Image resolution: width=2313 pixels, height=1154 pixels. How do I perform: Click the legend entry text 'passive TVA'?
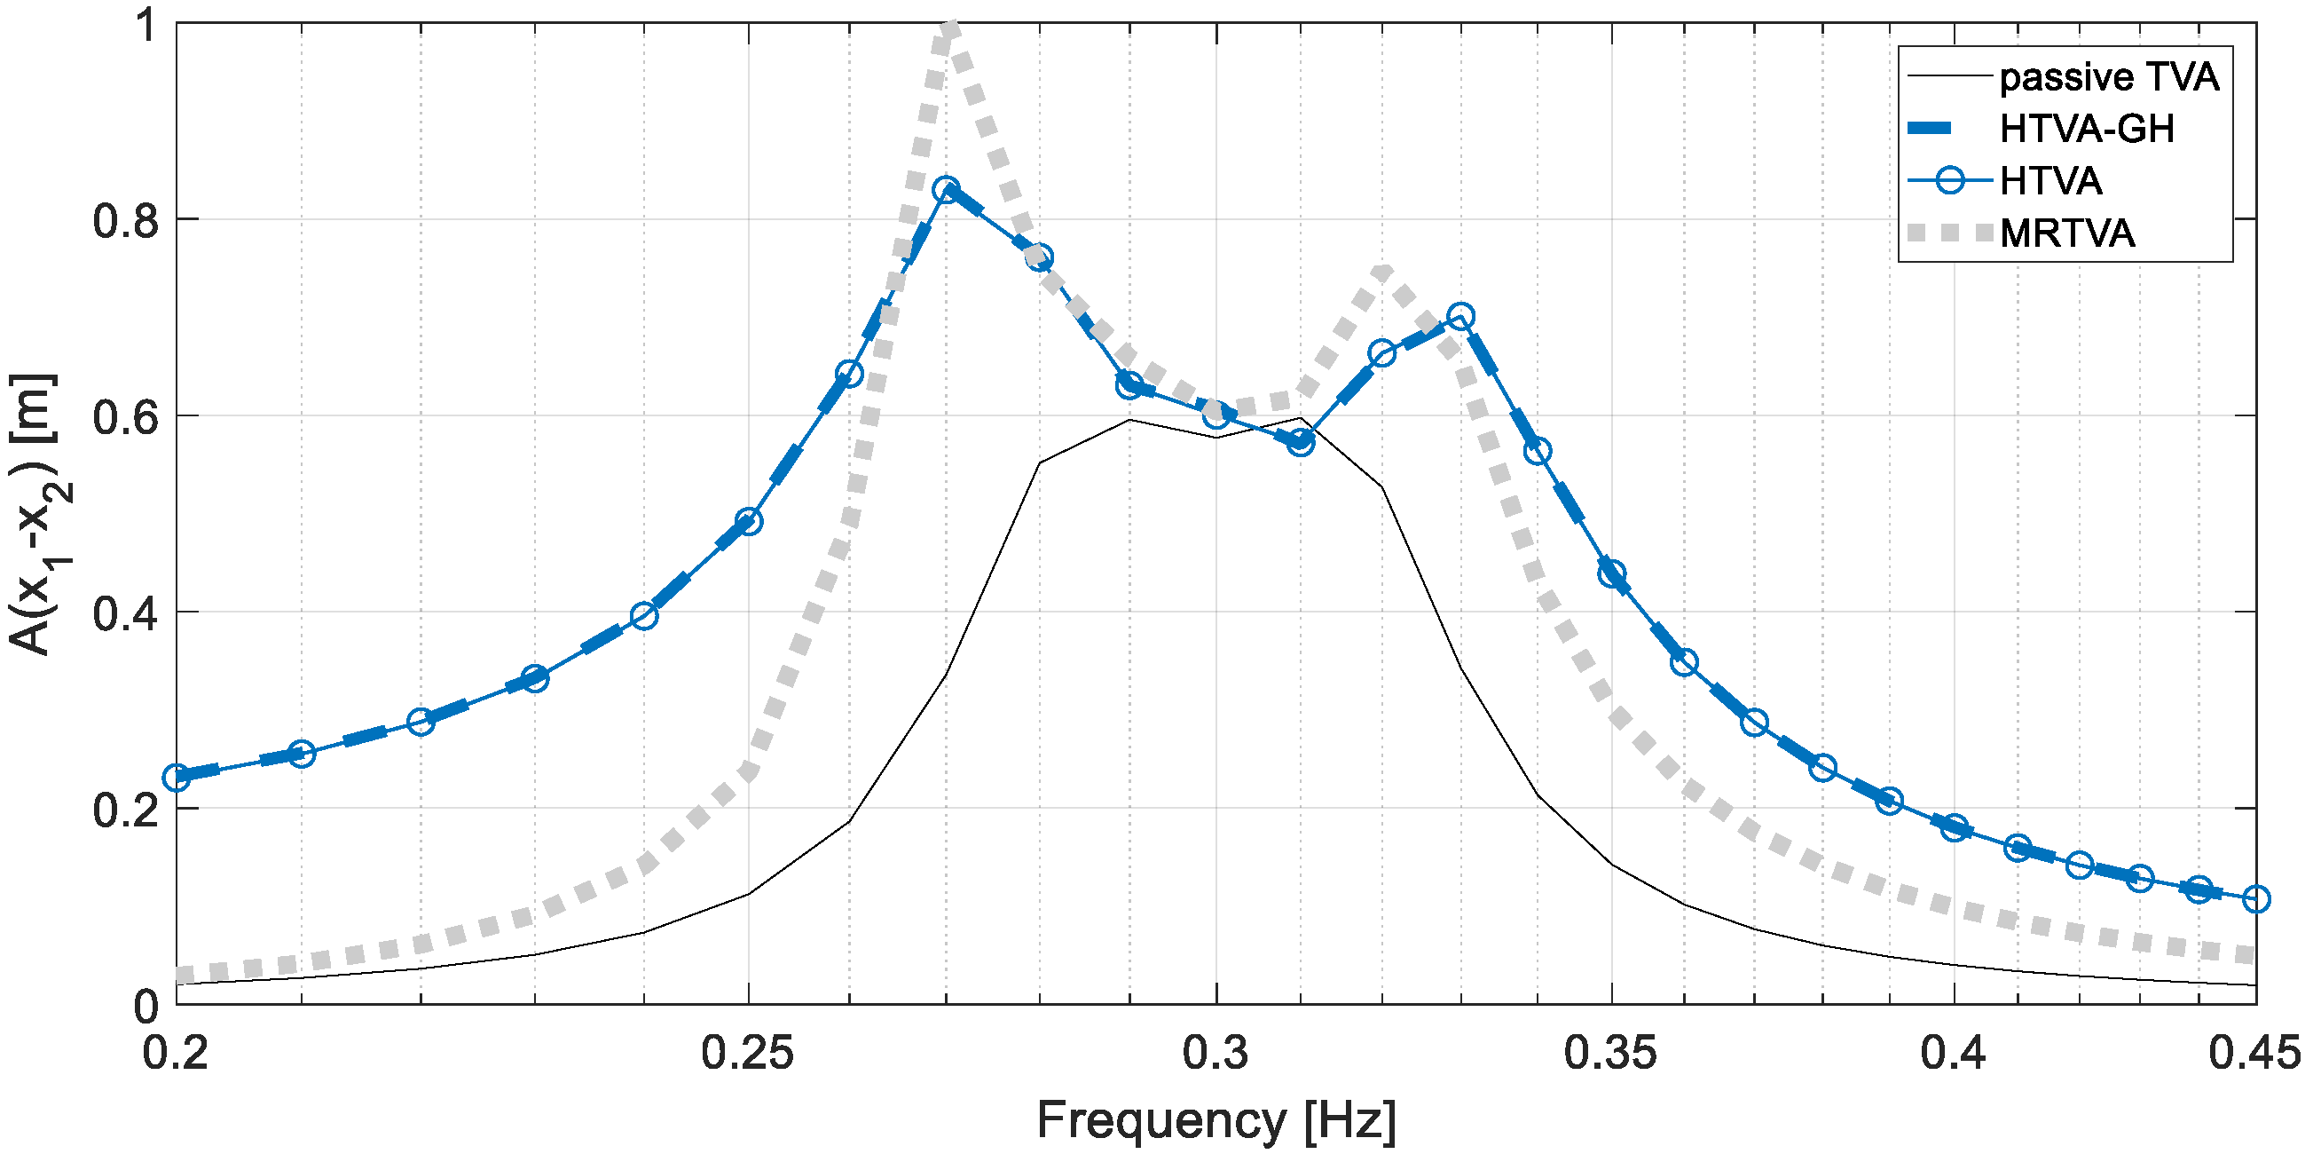tap(2109, 78)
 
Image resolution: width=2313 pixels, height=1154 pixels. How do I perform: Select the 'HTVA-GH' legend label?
tap(2087, 130)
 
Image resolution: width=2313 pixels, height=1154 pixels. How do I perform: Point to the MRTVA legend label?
tap(2068, 233)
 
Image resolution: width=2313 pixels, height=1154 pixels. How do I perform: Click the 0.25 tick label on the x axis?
tap(747, 1053)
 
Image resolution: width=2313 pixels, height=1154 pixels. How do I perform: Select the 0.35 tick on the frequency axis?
tap(1611, 1053)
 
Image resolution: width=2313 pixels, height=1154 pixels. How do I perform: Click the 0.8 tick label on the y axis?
tap(126, 220)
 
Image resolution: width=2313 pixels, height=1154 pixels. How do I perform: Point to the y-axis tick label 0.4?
tap(126, 613)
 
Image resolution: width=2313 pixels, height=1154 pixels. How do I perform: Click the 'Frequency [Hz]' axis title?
tap(1216, 1119)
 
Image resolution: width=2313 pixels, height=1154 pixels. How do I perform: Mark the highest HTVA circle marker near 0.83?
tap(946, 189)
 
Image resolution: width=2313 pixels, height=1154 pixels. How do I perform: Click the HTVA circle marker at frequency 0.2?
tap(177, 778)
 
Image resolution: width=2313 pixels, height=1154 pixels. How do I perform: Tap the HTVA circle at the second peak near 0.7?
tap(1461, 316)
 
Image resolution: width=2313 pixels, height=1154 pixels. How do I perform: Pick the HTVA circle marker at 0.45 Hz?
tap(2255, 899)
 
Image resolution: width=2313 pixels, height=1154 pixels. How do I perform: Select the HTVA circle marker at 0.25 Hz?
tap(749, 521)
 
